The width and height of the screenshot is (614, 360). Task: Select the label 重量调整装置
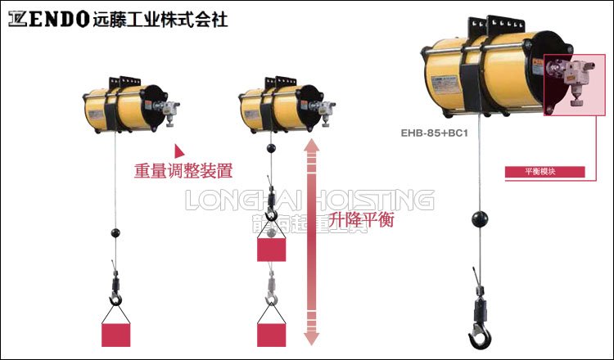pos(183,171)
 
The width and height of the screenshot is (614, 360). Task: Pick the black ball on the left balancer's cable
pos(115,234)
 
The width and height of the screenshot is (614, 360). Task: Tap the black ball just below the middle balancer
pos(270,149)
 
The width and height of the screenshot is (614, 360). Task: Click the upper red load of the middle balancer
pos(271,249)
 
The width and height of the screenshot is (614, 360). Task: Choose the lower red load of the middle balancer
pos(272,334)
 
